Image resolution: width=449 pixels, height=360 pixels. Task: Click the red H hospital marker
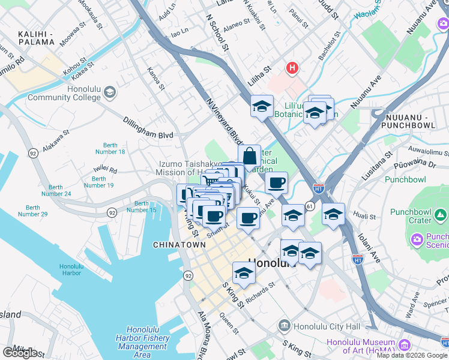[292, 68]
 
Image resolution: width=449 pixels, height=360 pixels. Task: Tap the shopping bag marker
[249, 158]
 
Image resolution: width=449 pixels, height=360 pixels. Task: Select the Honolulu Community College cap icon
[109, 92]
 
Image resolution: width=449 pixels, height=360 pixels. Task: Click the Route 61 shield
[310, 205]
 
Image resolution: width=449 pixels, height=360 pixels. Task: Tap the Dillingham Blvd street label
[148, 136]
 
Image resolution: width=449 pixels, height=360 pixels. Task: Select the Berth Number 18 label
[113, 148]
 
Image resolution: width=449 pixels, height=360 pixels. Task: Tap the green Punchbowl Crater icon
[441, 214]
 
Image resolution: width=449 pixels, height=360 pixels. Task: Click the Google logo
[20, 352]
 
